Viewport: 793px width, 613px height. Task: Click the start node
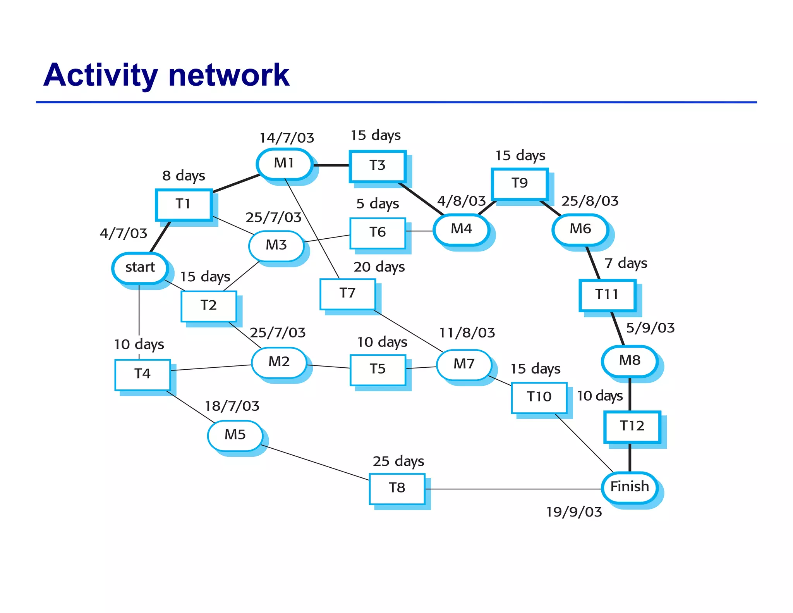tap(140, 267)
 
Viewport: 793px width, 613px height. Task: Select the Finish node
tap(630, 487)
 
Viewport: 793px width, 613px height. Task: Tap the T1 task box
tap(184, 204)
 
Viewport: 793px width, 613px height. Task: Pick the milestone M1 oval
tap(284, 164)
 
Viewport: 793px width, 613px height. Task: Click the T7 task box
tap(347, 293)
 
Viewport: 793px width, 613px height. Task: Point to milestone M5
tap(235, 435)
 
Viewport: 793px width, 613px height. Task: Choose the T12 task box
tap(632, 426)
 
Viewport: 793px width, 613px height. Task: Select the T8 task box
tap(397, 488)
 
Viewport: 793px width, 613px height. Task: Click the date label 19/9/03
tap(574, 512)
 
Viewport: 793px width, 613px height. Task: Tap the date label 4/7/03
tap(124, 233)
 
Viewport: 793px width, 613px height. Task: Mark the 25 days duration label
tap(398, 461)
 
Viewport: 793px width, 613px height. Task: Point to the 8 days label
tap(184, 176)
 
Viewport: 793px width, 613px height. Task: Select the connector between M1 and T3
tap(331, 165)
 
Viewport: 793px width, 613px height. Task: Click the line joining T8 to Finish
tap(513, 489)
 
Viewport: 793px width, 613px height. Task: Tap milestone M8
tap(630, 360)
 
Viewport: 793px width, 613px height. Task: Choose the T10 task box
tap(539, 397)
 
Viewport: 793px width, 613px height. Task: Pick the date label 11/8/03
tap(467, 333)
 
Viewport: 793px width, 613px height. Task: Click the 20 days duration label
tap(379, 267)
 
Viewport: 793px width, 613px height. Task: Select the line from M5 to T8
tap(316, 463)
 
